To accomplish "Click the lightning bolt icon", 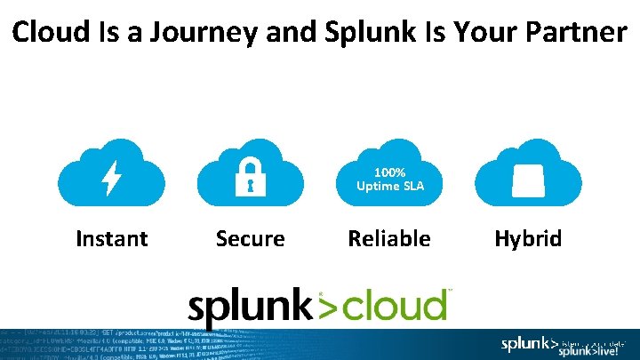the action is [x=112, y=178].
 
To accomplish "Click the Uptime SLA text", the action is [x=389, y=186].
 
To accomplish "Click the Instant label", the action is [x=112, y=238].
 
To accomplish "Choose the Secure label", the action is [x=251, y=238].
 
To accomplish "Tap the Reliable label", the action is [x=389, y=238].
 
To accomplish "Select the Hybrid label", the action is [x=528, y=238].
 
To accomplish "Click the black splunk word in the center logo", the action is [x=250, y=306].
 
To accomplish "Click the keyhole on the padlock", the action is [x=251, y=184].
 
